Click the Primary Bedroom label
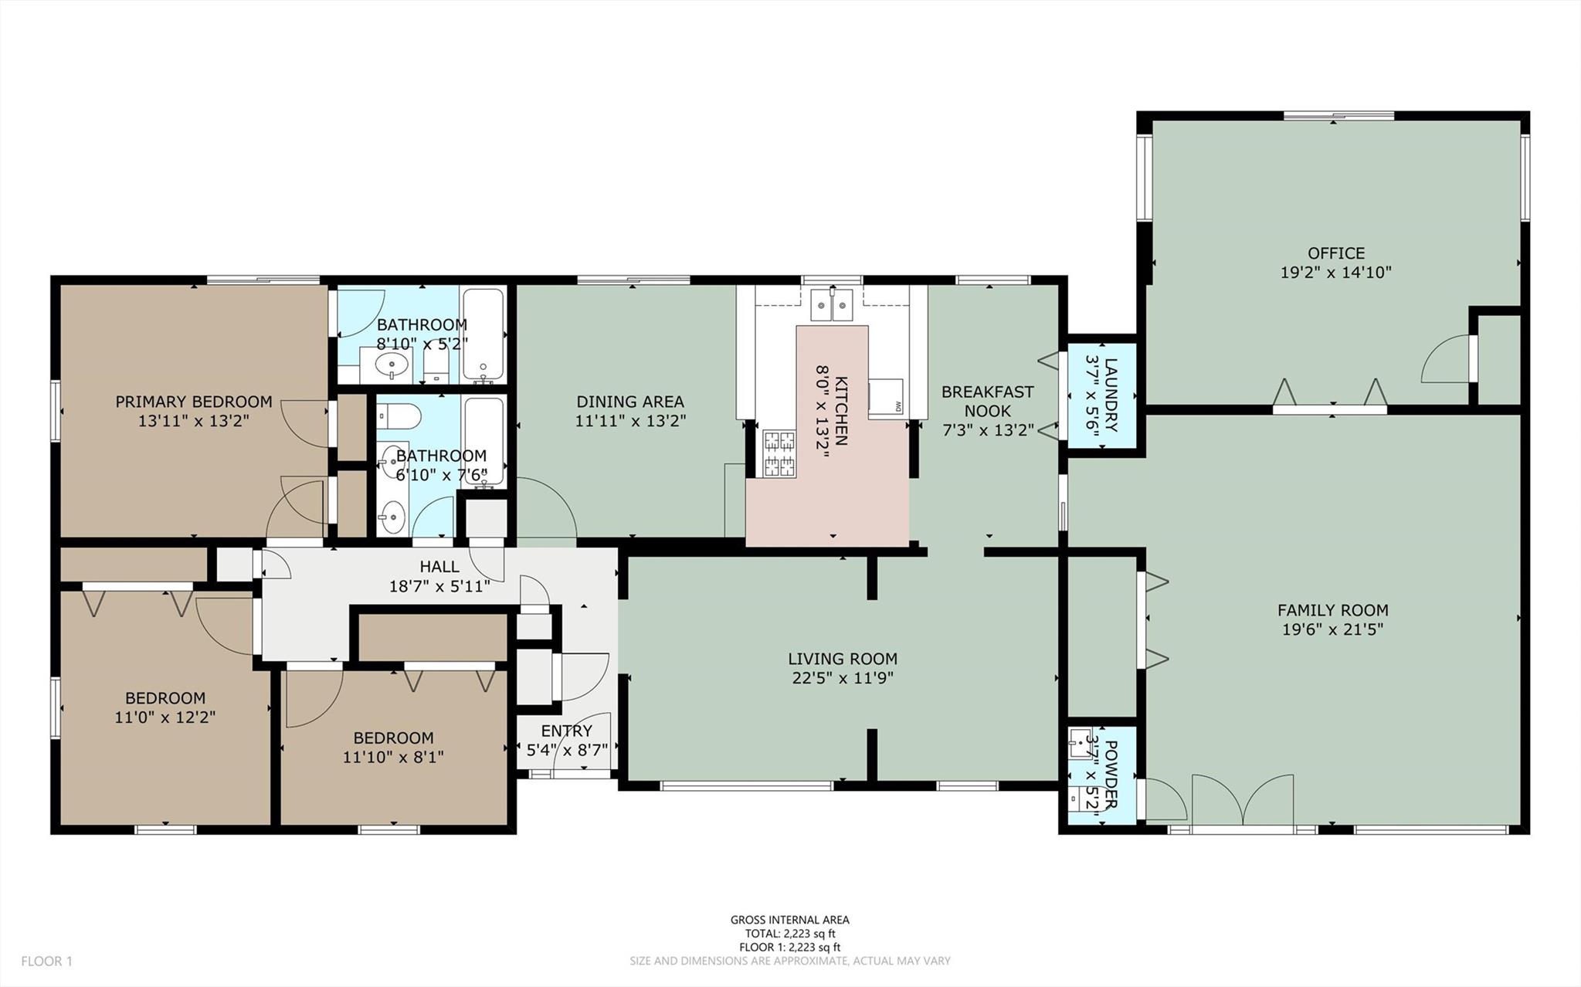193,402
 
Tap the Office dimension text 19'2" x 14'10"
1335,273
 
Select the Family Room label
1332,610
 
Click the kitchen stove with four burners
779,453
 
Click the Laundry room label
1111,395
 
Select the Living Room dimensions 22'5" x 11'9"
842,678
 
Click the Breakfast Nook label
987,401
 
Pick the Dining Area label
630,402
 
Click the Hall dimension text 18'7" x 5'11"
439,586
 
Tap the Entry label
567,731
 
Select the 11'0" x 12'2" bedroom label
165,698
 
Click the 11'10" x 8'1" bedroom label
393,738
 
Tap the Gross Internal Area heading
789,920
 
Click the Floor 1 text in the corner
46,962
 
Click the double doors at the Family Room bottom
1242,803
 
